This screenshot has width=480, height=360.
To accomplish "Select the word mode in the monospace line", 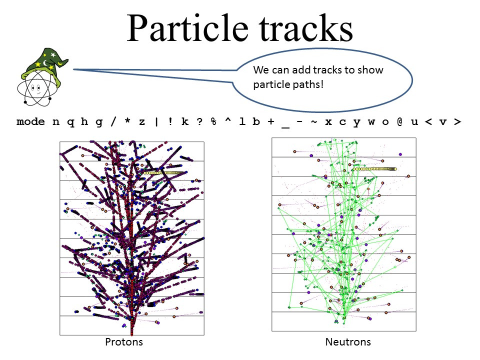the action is pyautogui.click(x=30, y=121).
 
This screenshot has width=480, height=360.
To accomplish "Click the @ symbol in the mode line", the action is pyautogui.click(x=400, y=121).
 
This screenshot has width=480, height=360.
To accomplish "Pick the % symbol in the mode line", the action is pyautogui.click(x=213, y=121).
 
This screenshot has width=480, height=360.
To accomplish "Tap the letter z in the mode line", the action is pyautogui.click(x=142, y=122).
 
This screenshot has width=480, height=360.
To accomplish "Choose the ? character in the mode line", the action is pyautogui.click(x=199, y=121).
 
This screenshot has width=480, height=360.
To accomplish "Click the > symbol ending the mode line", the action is pyautogui.click(x=457, y=122).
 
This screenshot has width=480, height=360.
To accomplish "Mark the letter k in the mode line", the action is pyautogui.click(x=185, y=121).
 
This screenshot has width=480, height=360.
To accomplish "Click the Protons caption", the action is pyautogui.click(x=124, y=341).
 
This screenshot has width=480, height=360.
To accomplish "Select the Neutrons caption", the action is pyautogui.click(x=348, y=341).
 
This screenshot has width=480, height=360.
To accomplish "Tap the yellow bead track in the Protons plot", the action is pyautogui.click(x=162, y=173).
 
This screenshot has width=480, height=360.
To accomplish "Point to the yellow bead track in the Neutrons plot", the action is pyautogui.click(x=374, y=169).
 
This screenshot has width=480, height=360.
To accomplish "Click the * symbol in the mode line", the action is pyautogui.click(x=127, y=120).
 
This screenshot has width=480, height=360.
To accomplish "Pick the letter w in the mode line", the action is pyautogui.click(x=371, y=122).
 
